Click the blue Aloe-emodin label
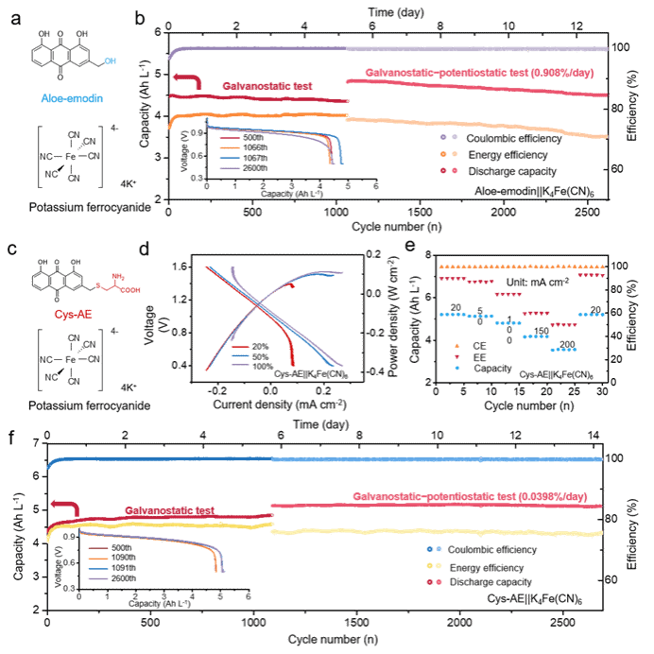click(x=72, y=98)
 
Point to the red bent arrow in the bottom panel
click(x=63, y=507)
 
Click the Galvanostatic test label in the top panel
click(x=267, y=86)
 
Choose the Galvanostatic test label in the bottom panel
click(x=169, y=510)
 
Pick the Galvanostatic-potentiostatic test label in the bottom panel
click(x=470, y=496)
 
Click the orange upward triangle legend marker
click(x=457, y=346)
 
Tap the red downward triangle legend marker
click(x=457, y=356)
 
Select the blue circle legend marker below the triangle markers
click(x=457, y=368)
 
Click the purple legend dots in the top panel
click(x=448, y=137)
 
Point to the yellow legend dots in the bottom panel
click(x=435, y=565)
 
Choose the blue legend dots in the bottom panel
click(x=435, y=549)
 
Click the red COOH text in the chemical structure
click(x=129, y=291)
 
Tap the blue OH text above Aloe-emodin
click(x=110, y=61)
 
